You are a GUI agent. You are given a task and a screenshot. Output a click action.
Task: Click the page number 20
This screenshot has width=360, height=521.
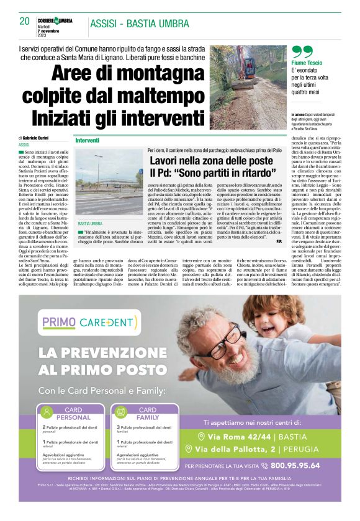click(x=25, y=22)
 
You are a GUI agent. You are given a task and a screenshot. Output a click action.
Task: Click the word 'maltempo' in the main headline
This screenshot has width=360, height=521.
click(x=153, y=97)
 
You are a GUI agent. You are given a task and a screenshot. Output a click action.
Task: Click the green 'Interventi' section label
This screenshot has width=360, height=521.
click(x=88, y=141)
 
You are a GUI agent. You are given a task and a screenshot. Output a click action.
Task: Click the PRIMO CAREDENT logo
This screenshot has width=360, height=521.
click(x=88, y=322)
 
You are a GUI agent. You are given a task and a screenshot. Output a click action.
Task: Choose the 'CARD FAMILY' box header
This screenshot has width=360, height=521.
click(x=148, y=414)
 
